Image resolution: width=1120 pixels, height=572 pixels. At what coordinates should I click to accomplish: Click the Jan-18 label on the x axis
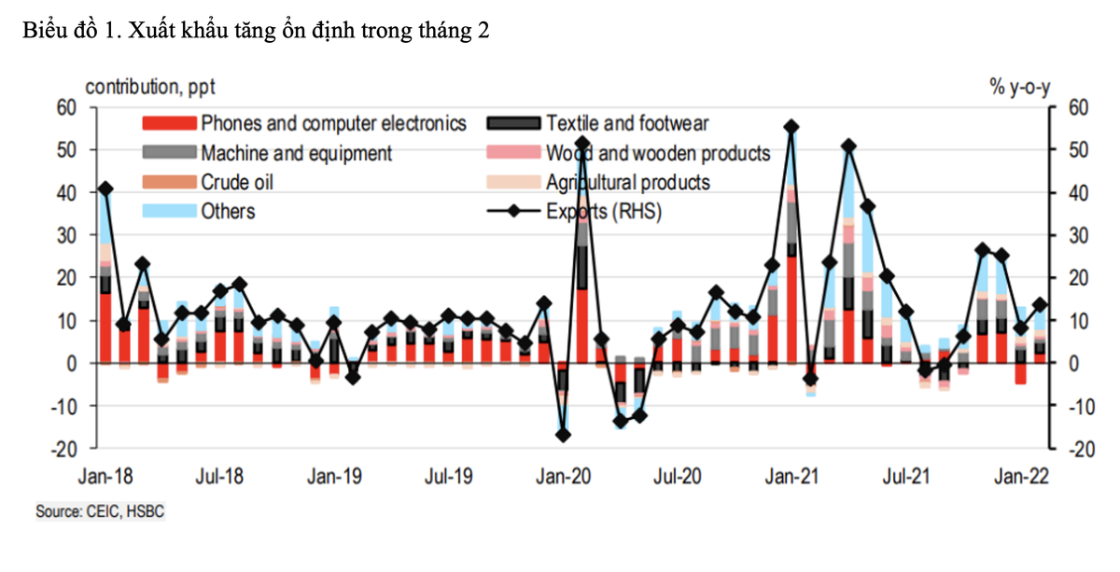pos(105,477)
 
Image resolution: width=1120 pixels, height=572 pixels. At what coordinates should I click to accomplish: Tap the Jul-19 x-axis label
pos(450,477)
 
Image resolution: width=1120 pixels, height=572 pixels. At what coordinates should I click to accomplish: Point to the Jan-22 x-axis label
pos(1023,477)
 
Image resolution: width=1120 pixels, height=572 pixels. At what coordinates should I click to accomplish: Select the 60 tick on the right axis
pos(1074,107)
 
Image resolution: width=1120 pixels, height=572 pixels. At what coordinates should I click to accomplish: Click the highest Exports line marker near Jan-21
pos(791,126)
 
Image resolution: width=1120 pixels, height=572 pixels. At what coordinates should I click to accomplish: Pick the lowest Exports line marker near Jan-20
pos(564,435)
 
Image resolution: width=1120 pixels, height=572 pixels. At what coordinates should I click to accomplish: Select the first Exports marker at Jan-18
pos(105,188)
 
